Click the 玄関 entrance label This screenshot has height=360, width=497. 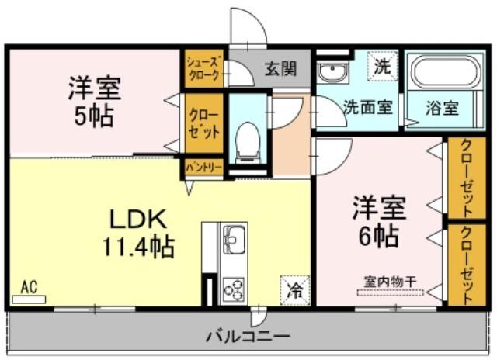click(280, 69)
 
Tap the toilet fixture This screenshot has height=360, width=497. click(248, 143)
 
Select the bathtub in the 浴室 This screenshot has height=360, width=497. click(445, 72)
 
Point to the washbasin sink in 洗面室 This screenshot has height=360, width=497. click(332, 72)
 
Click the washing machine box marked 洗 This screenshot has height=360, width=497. click(382, 66)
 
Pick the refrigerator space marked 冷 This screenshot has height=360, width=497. click(295, 290)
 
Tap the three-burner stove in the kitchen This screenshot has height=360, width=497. click(234, 289)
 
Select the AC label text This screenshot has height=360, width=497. click(29, 287)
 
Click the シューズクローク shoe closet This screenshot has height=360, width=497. click(203, 68)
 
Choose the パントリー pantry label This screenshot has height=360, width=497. click(204, 168)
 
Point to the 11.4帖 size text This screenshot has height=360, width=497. click(138, 246)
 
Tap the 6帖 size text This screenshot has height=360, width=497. click(378, 236)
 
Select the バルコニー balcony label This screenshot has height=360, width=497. click(248, 336)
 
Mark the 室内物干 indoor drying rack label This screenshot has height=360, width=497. click(390, 281)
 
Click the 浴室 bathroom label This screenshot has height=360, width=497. click(442, 108)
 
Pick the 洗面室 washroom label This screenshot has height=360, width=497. click(368, 107)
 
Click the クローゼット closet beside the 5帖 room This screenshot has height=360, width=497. click(203, 124)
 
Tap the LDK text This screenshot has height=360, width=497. click(138, 220)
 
